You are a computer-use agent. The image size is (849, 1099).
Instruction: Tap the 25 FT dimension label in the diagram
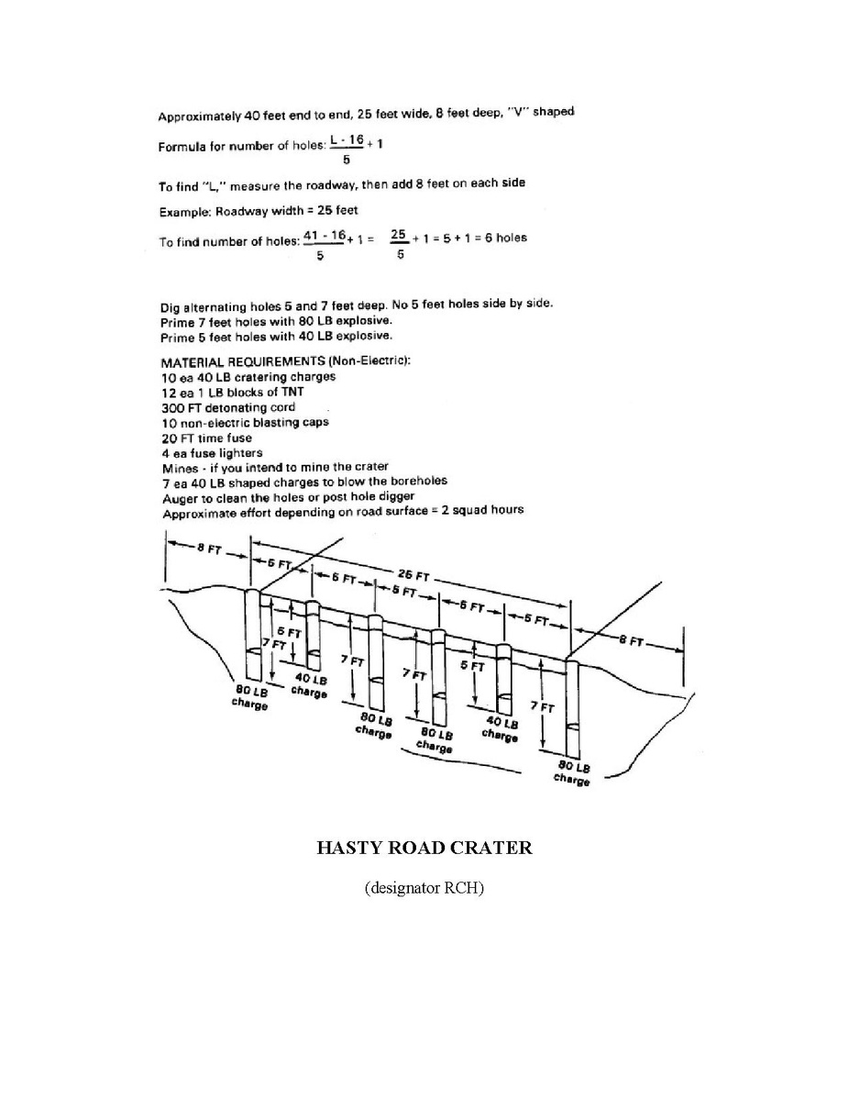(413, 576)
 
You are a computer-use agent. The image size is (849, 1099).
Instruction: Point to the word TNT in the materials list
(292, 392)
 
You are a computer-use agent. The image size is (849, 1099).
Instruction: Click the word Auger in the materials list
(178, 498)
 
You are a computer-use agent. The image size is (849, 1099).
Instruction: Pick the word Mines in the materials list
(180, 468)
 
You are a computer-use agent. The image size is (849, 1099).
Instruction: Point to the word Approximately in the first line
(200, 117)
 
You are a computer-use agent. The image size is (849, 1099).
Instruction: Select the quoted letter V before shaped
(519, 112)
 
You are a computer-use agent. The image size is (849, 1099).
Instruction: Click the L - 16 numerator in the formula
(347, 140)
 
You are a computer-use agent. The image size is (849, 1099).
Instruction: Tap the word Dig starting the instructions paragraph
(171, 307)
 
